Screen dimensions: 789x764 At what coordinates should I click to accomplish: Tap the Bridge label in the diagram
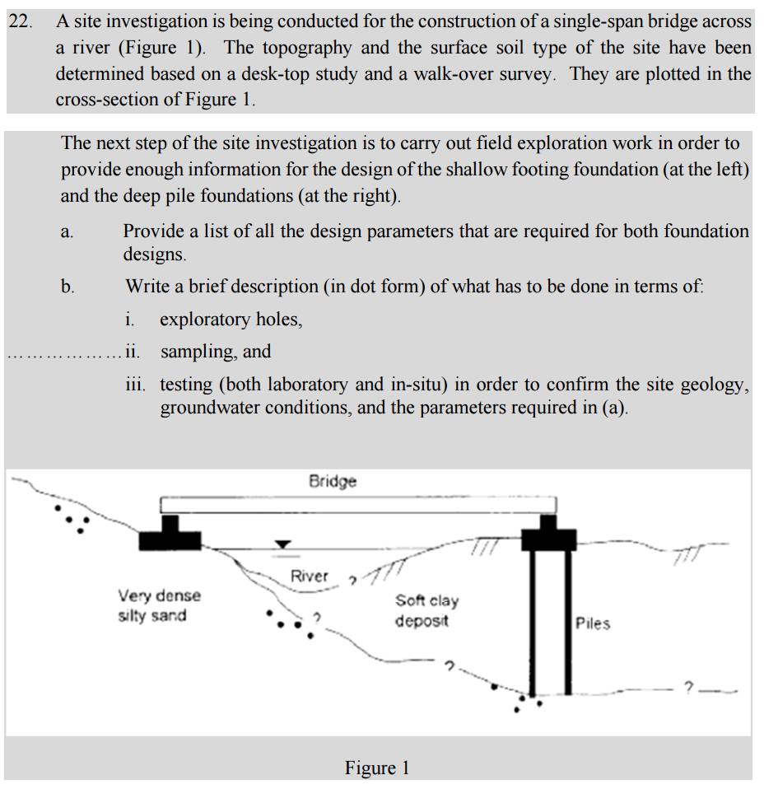pos(333,481)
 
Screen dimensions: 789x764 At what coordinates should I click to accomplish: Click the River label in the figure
pos(310,577)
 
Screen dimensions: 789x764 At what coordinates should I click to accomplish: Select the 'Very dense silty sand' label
pos(159,605)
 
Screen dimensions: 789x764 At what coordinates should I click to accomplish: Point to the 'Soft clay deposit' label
pos(426,611)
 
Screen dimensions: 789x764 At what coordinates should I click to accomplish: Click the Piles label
pos(593,623)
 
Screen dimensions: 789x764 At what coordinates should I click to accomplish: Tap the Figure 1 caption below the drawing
pos(377,768)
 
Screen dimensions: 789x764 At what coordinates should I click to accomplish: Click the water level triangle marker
pos(283,544)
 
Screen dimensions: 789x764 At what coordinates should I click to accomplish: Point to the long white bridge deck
pos(358,504)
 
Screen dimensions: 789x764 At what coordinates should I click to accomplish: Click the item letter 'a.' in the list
pos(68,232)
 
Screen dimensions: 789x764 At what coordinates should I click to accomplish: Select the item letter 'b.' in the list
pos(68,287)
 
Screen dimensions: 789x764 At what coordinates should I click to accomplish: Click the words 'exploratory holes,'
pos(231,319)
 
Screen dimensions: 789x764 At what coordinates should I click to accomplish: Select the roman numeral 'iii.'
pos(135,385)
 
